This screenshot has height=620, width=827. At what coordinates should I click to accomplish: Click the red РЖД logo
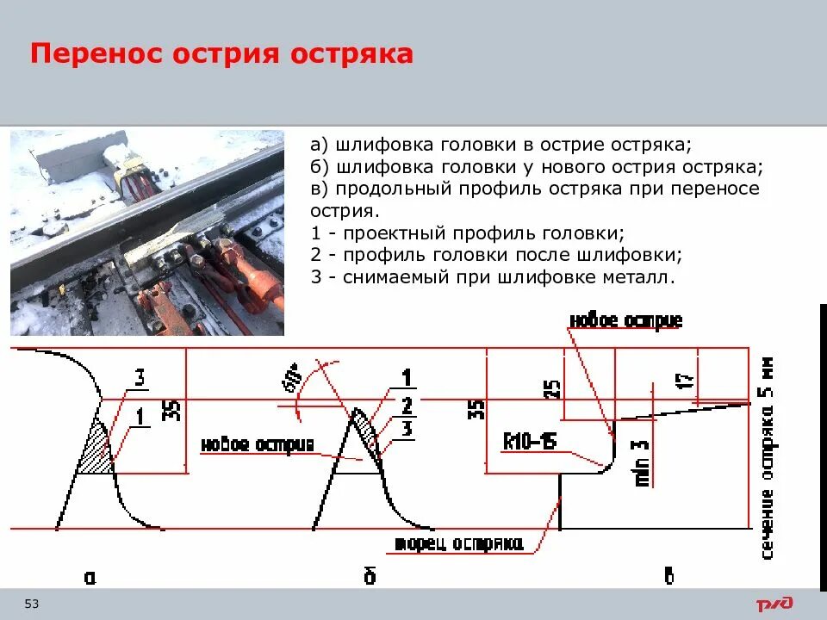(774, 604)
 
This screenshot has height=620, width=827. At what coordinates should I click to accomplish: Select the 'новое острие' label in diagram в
(625, 321)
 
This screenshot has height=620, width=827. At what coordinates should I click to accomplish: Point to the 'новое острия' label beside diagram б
(257, 444)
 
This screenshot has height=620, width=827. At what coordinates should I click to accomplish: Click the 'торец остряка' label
(458, 543)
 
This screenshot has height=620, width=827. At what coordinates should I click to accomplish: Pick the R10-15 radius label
(529, 442)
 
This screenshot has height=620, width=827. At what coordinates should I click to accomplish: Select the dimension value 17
(686, 381)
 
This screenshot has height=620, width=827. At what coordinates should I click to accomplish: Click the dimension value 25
(553, 389)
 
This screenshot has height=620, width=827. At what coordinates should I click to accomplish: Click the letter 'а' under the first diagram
(90, 578)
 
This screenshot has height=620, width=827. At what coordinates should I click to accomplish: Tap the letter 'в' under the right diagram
(668, 575)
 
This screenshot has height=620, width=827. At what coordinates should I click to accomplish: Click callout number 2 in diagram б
(407, 405)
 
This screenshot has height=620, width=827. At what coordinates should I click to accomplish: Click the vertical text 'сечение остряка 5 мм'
(767, 461)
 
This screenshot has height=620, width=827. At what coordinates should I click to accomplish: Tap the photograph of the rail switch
(146, 232)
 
